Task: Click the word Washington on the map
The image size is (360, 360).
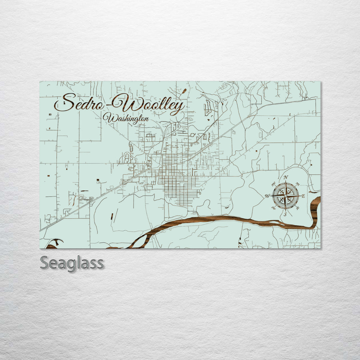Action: tap(126, 118)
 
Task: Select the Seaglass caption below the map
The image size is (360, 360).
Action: tap(72, 263)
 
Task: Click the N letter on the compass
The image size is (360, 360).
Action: tap(286, 177)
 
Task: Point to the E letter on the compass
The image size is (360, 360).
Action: tap(303, 196)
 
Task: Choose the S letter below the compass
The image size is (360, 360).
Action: tap(285, 214)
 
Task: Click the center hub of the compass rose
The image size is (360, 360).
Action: tap(285, 196)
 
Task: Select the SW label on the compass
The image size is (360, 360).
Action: tap(274, 208)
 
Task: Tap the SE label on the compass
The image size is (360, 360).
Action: tap(297, 208)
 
